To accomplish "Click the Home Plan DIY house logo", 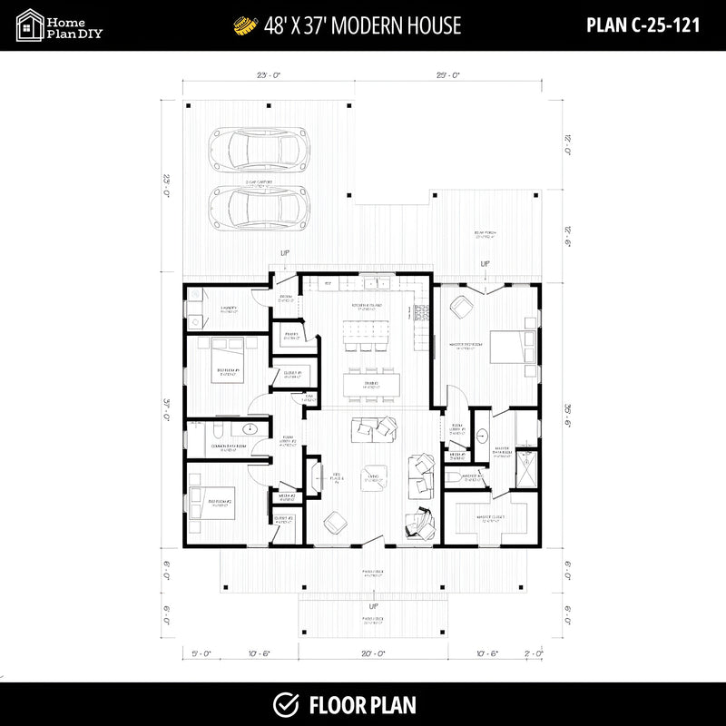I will (31, 25).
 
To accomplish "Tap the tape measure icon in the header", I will (242, 25).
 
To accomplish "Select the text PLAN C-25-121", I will (643, 25).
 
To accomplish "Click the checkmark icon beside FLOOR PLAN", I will (287, 704).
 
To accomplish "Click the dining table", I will (372, 384).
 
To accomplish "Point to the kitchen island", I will (371, 329).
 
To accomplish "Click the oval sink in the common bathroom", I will (251, 430).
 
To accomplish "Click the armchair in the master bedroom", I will (460, 306).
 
